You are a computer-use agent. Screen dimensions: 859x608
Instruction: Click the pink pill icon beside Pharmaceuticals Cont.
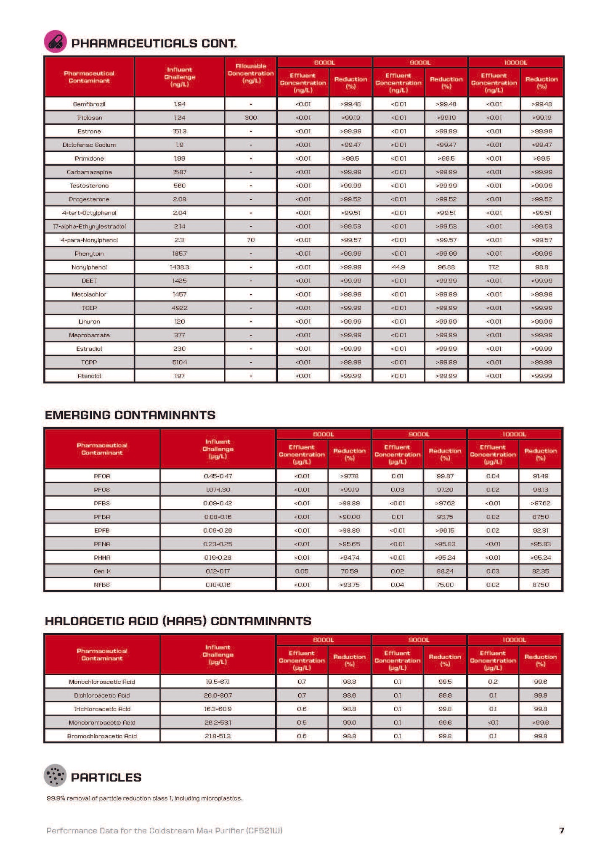click(x=55, y=42)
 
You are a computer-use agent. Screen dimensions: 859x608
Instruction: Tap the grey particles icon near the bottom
click(x=55, y=775)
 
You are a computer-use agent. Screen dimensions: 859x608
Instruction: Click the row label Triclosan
click(x=89, y=118)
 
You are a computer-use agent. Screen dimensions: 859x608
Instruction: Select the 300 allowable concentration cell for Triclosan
click(x=251, y=118)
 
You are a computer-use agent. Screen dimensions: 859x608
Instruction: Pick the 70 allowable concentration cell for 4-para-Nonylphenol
click(x=251, y=240)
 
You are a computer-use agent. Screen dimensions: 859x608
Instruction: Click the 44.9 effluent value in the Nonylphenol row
click(x=398, y=267)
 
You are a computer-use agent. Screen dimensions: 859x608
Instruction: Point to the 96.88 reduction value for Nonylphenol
click(x=446, y=267)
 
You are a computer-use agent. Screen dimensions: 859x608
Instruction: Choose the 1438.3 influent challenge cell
click(x=180, y=267)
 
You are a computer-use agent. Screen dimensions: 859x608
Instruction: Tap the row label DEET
click(x=89, y=281)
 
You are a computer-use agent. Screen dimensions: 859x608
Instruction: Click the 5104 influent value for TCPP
click(x=180, y=362)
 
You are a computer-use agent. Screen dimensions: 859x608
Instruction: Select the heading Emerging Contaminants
click(x=130, y=415)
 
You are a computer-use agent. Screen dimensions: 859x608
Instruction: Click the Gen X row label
click(x=102, y=571)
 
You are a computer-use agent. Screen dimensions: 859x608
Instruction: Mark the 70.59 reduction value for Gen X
click(x=349, y=571)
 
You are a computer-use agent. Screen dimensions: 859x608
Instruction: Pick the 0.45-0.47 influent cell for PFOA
click(x=218, y=476)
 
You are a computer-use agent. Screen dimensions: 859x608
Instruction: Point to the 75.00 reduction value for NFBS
click(x=445, y=585)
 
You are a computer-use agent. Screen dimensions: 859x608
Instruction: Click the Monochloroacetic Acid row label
click(x=102, y=682)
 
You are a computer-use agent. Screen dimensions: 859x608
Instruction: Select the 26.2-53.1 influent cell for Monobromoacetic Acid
click(x=218, y=723)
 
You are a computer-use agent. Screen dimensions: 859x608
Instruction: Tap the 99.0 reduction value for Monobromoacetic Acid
click(x=349, y=723)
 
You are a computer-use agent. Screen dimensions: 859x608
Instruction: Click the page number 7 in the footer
click(x=561, y=830)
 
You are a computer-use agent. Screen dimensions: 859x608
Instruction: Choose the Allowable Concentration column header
click(x=251, y=74)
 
